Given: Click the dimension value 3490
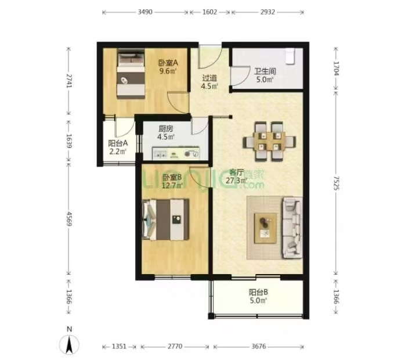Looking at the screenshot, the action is point(145,12).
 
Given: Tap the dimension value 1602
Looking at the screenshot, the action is point(209,12).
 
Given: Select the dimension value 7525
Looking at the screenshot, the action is point(336,183).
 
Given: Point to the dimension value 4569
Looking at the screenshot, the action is point(69,219).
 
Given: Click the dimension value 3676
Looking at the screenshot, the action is point(259,346).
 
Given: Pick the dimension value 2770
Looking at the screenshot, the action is point(175,346).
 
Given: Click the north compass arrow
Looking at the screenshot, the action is point(69,344).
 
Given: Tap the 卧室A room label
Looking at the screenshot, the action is point(168,63).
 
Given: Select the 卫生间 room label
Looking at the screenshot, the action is point(265,71).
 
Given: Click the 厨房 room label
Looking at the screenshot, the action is point(166,128).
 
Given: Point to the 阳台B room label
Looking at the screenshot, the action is point(258,292).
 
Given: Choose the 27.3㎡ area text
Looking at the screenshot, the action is point(236,181).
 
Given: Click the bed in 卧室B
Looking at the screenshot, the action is point(166,219).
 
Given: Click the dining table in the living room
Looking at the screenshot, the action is point(269,142).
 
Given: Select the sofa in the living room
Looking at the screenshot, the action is point(292,228).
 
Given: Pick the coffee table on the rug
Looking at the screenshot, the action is point(265,228).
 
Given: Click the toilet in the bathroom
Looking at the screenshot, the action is point(290,56).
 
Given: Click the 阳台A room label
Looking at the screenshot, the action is point(118,143).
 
